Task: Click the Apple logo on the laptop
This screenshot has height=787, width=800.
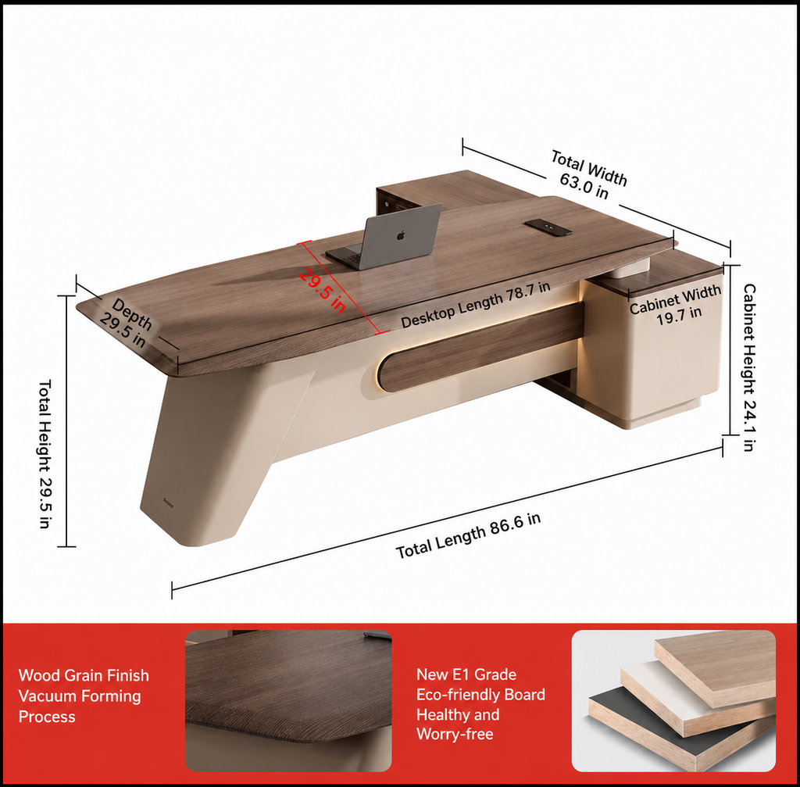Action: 401,235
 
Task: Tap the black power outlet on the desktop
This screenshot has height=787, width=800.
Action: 548,227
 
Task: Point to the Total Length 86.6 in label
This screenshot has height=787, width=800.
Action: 468,536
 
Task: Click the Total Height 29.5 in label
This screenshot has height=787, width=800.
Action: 45,453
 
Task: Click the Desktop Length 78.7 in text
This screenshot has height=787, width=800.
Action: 476,304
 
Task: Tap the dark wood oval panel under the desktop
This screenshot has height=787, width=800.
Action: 480,347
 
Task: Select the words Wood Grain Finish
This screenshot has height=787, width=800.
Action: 84,675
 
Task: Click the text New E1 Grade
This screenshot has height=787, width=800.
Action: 466,674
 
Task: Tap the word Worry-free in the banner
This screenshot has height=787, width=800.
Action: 455,734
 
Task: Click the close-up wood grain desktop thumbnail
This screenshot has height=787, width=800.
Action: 288,701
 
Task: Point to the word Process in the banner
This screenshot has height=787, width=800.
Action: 47,717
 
